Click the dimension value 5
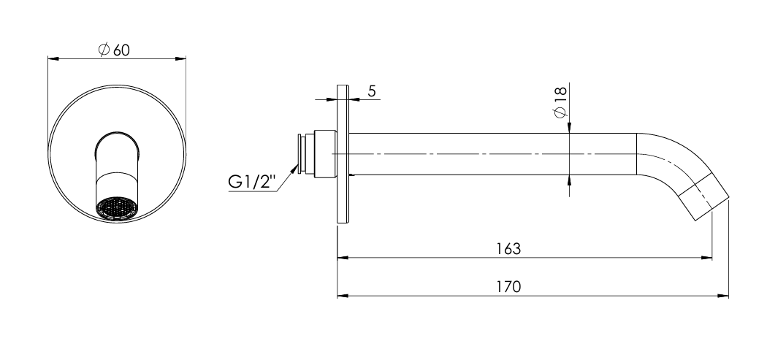pos(372,91)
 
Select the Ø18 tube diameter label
pos(560,102)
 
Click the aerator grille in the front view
pos(117,208)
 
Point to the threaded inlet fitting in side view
pos(315,154)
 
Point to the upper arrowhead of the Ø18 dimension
pos(569,127)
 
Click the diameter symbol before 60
pos(103,50)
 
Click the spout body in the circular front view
pos(117,164)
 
